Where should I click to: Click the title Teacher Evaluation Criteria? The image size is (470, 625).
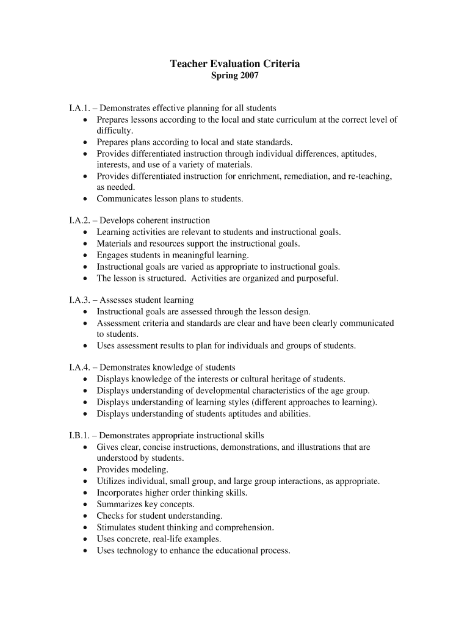(234, 63)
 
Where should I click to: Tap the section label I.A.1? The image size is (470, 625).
(80, 108)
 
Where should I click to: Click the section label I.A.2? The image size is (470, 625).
(80, 220)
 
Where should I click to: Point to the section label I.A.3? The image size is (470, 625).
(80, 300)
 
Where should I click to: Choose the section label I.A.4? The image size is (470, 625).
(80, 367)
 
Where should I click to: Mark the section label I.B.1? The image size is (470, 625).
(80, 436)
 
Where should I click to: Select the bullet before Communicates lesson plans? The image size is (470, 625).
(85, 199)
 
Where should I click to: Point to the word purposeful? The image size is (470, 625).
(316, 278)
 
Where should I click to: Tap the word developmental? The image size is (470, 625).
(207, 391)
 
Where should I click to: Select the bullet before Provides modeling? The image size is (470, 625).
(85, 470)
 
